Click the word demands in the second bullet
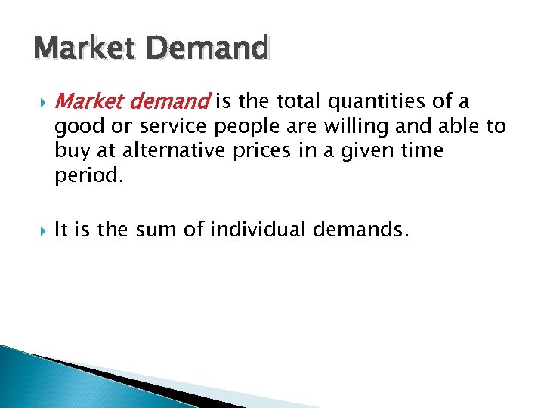click(x=360, y=229)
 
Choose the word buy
click(x=70, y=151)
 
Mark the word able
click(x=453, y=127)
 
